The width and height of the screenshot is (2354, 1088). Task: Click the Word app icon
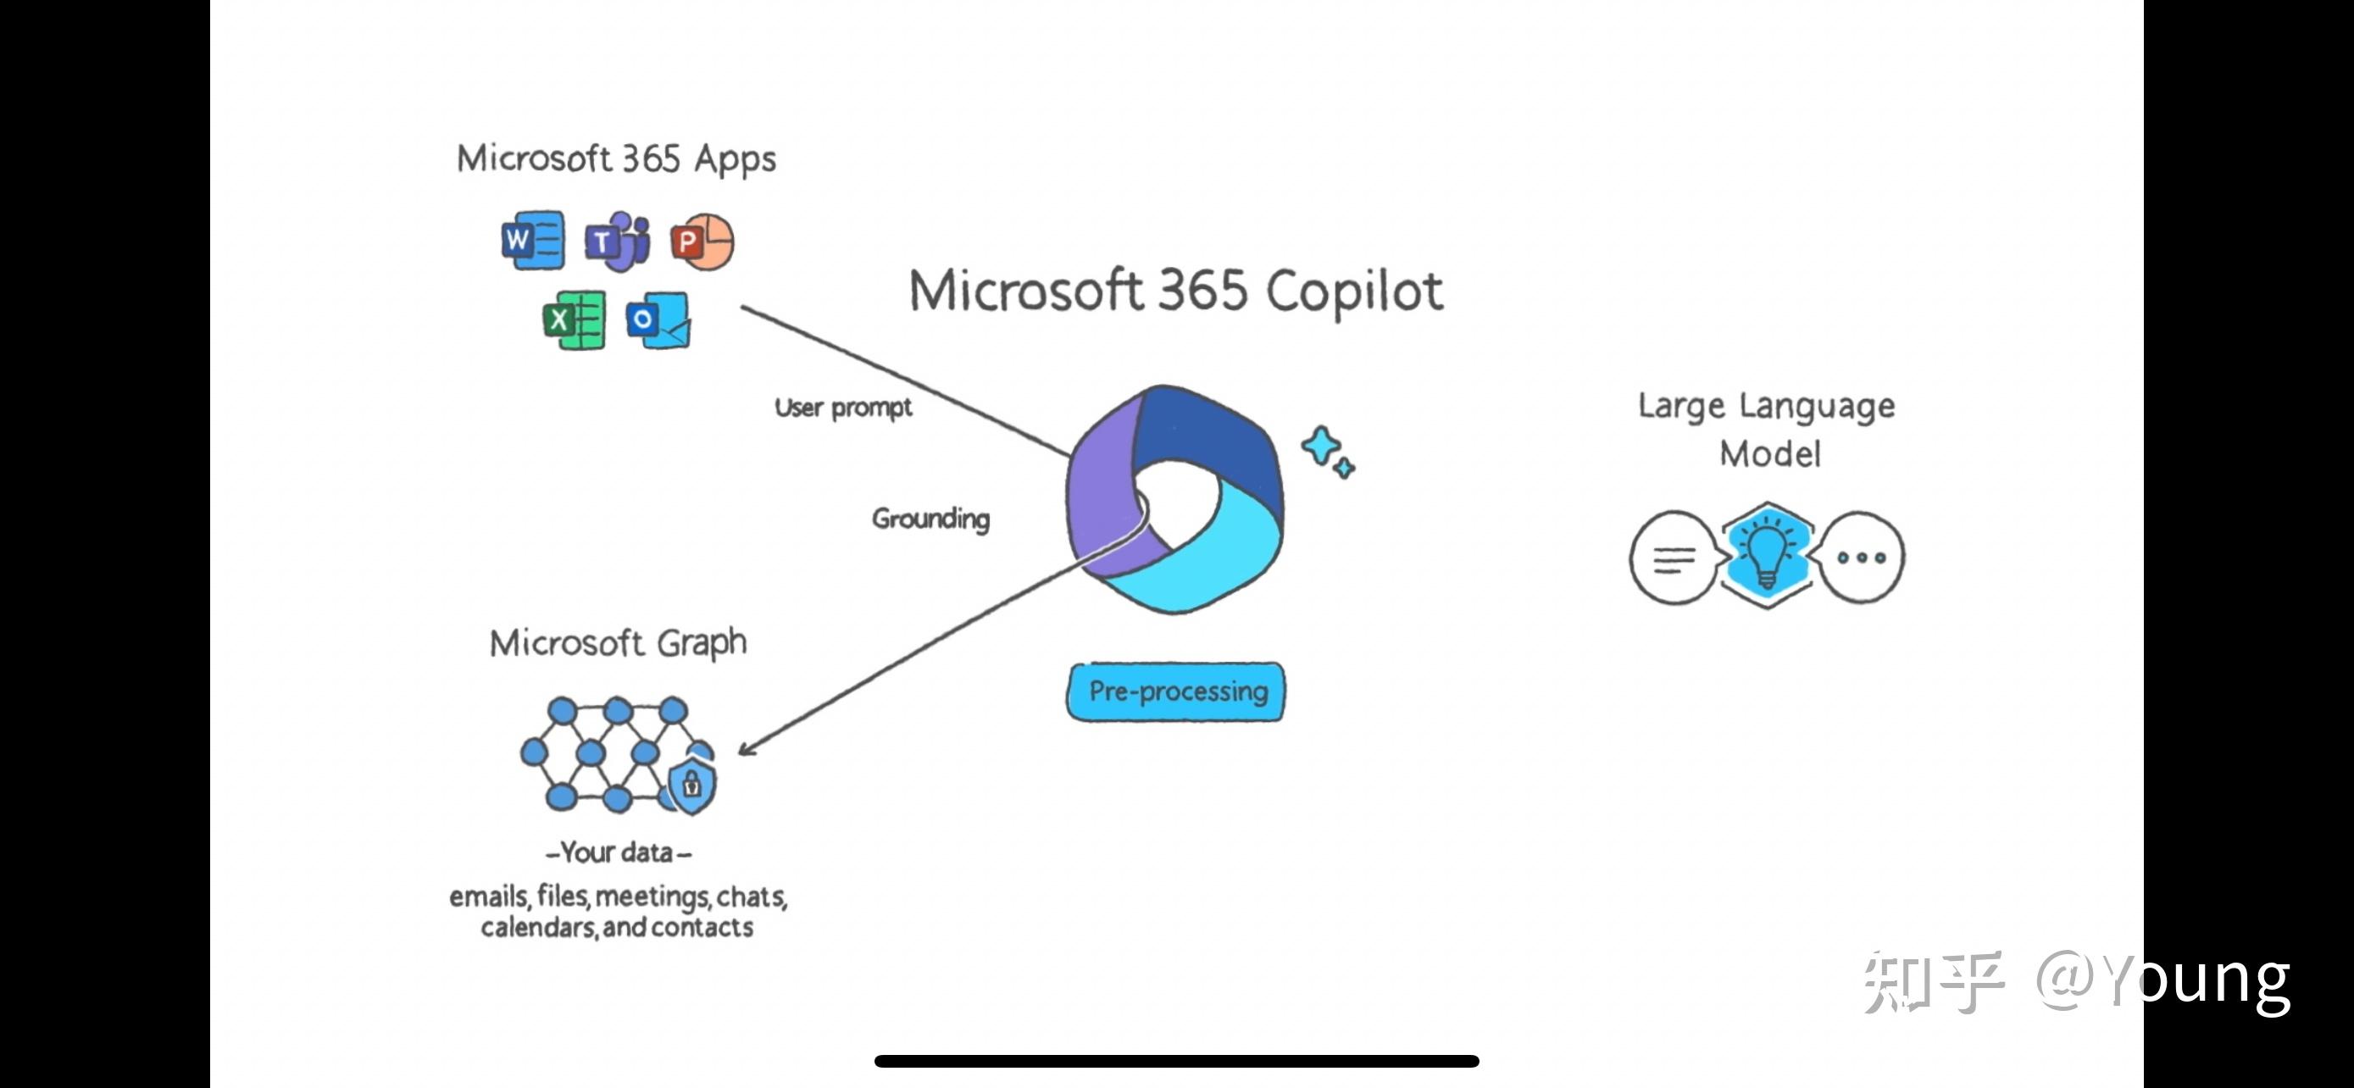pyautogui.click(x=533, y=241)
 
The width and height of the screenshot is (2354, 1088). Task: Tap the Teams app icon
pyautogui.click(x=618, y=241)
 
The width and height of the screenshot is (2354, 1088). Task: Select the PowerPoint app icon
pyautogui.click(x=702, y=242)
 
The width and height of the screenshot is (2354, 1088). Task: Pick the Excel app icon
pyautogui.click(x=574, y=319)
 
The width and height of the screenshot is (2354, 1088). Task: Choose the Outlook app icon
pyautogui.click(x=658, y=319)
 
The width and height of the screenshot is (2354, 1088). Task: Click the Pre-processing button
pyautogui.click(x=1176, y=691)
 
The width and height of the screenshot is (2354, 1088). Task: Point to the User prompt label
pyautogui.click(x=842, y=408)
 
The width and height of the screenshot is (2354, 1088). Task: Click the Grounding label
pyautogui.click(x=930, y=519)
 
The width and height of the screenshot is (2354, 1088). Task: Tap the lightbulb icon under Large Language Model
pyautogui.click(x=1767, y=554)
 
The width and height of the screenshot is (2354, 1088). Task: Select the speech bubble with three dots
pyautogui.click(x=1862, y=558)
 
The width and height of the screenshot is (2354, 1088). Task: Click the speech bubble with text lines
pyautogui.click(x=1673, y=558)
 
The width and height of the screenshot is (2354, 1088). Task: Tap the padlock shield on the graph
pyautogui.click(x=691, y=784)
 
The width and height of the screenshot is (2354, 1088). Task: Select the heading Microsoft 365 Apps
pyautogui.click(x=616, y=159)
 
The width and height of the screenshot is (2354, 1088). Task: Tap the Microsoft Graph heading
pyautogui.click(x=618, y=643)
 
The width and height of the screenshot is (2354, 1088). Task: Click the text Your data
pyautogui.click(x=618, y=852)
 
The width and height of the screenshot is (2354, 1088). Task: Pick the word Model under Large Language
pyautogui.click(x=1769, y=454)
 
